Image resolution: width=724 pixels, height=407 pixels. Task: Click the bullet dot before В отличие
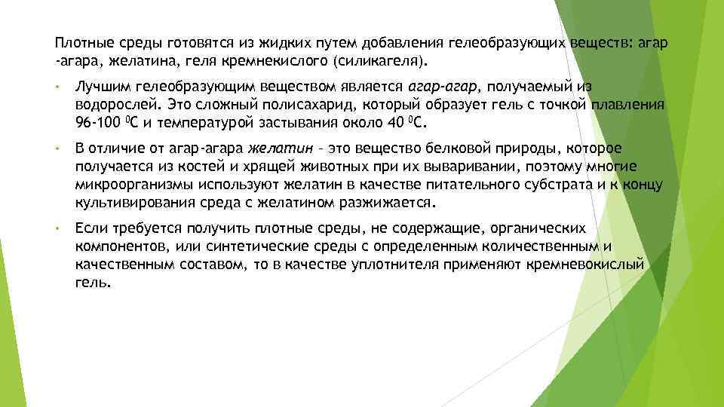tap(57, 149)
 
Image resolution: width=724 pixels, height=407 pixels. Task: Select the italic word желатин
tap(274, 149)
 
